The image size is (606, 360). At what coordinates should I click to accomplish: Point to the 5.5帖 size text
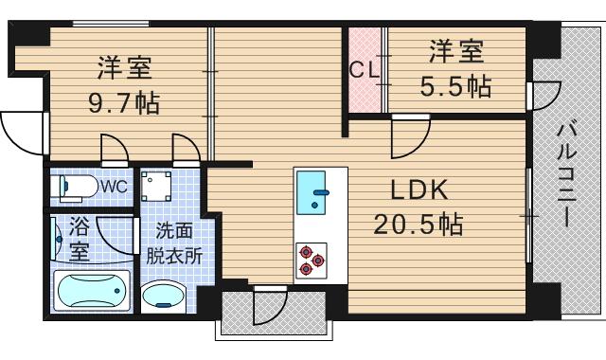455,86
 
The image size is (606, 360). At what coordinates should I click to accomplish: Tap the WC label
115,186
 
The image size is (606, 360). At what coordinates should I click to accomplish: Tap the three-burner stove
311,259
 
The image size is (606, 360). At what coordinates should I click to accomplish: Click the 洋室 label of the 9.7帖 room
124,68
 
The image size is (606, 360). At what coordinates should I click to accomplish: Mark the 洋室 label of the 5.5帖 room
455,50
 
